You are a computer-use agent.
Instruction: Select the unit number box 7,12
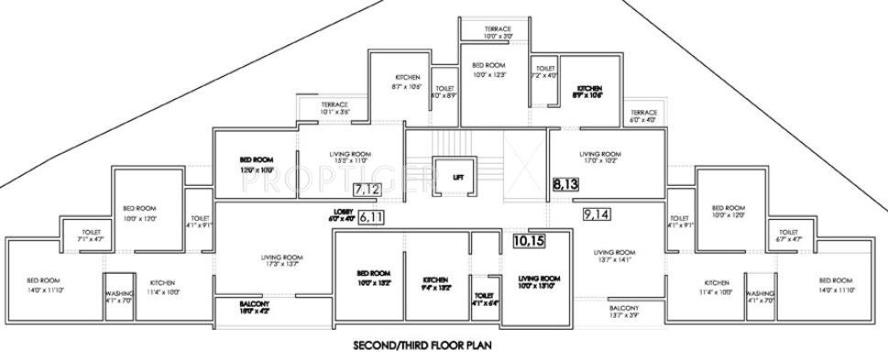[367, 190]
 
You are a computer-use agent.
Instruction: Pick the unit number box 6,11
[373, 217]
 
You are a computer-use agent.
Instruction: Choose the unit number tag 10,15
[529, 242]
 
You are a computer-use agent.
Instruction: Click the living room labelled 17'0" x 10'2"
[601, 158]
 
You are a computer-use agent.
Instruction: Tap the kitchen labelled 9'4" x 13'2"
[435, 283]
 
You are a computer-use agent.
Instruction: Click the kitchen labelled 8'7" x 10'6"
[408, 82]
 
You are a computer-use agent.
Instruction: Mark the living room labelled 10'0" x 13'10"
[538, 281]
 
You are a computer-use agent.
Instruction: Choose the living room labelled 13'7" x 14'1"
[614, 256]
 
